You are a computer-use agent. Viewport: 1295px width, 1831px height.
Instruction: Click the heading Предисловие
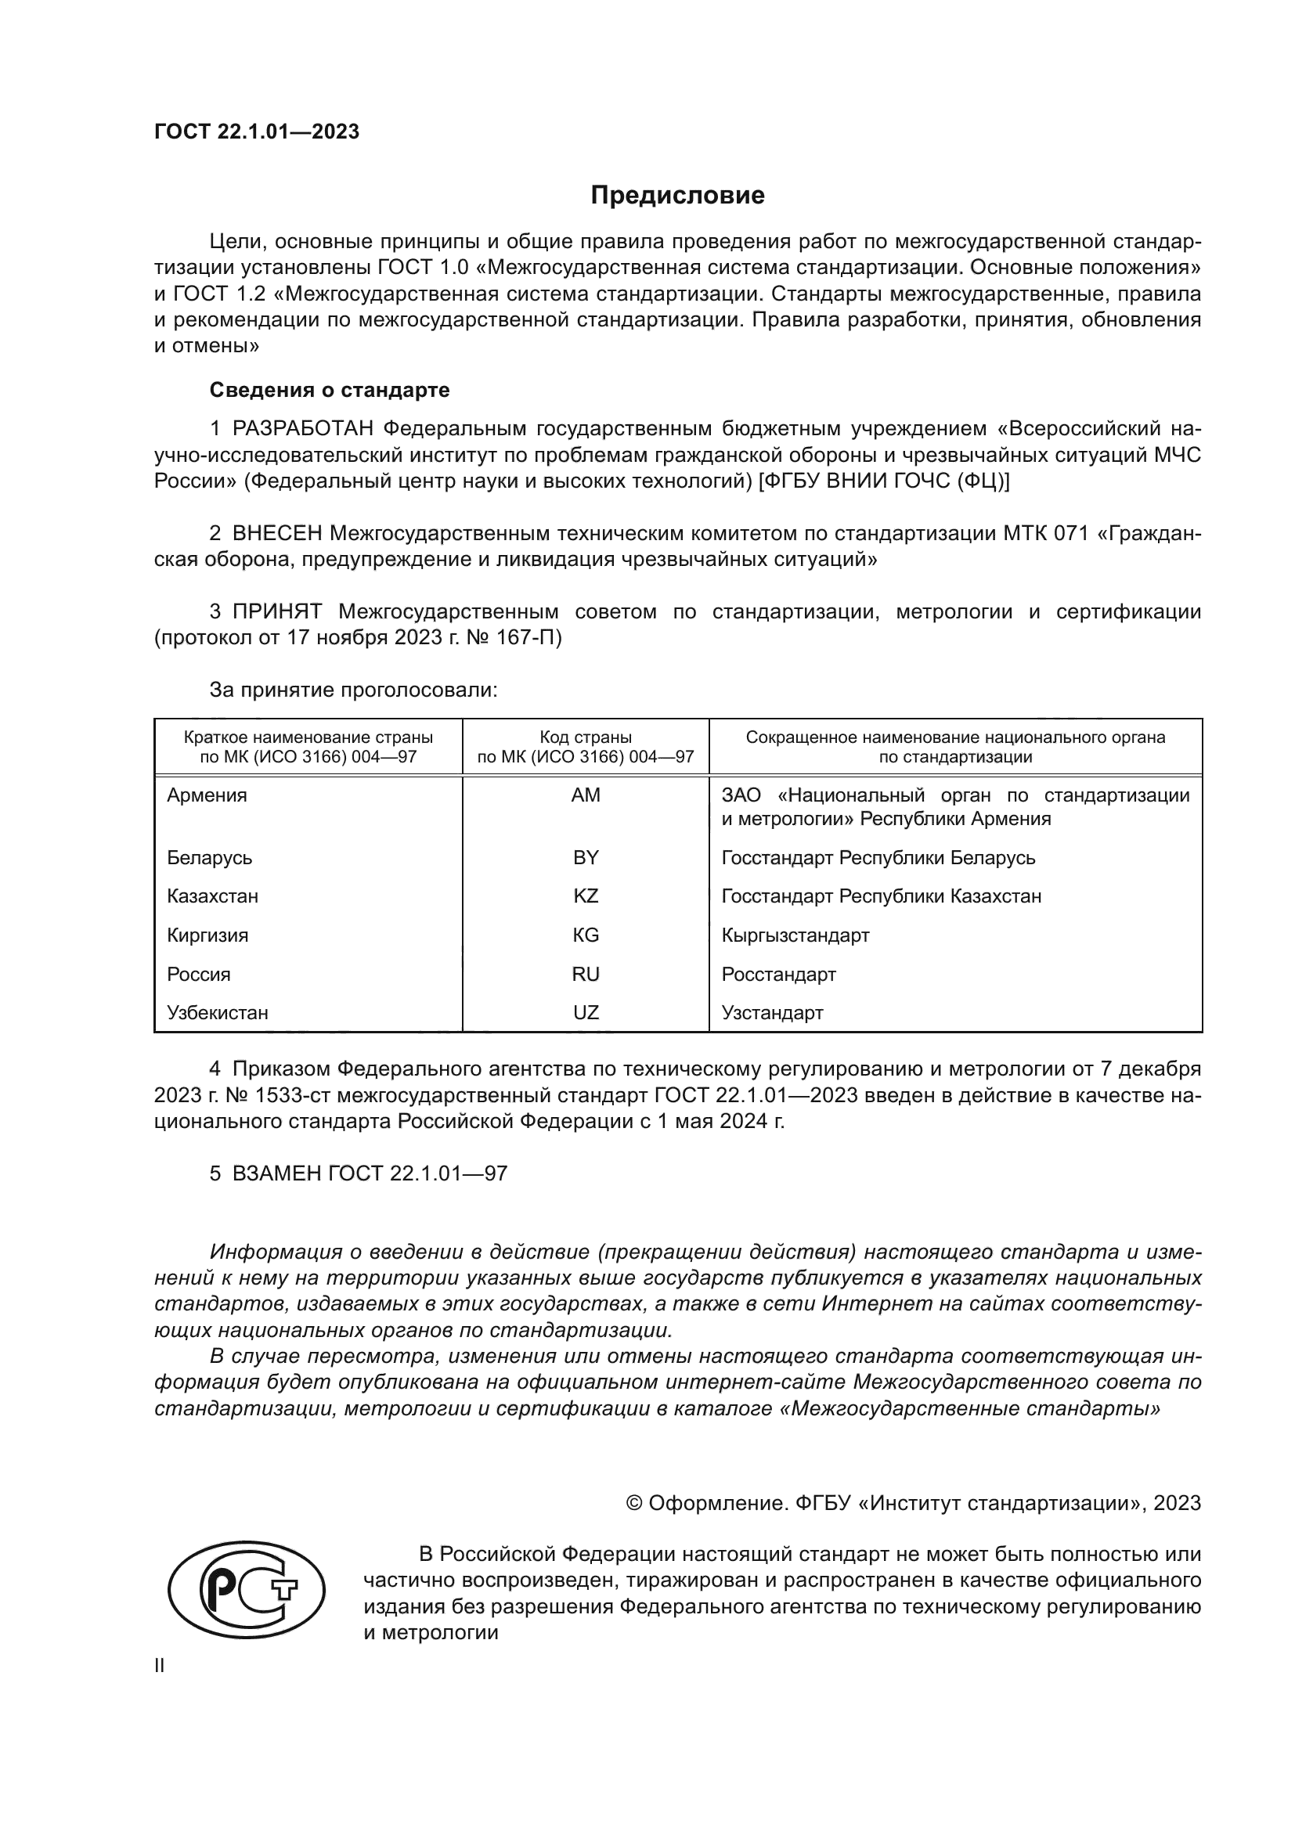[x=677, y=196]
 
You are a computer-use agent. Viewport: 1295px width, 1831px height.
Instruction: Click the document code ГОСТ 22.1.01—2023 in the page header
[x=256, y=132]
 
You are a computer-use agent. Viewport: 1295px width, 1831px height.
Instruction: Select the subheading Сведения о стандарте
[x=330, y=390]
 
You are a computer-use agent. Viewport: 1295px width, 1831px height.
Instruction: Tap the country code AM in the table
[x=586, y=795]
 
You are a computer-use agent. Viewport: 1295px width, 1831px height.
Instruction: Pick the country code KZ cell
[x=586, y=896]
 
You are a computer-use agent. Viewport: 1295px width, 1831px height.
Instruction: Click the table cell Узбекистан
[x=217, y=1013]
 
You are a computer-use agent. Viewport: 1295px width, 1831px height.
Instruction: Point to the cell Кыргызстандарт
[x=795, y=935]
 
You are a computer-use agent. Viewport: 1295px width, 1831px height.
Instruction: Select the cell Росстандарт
[x=778, y=974]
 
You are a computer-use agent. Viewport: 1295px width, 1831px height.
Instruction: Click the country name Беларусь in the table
[x=210, y=857]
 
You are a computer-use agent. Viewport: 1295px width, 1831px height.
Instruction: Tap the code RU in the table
[x=586, y=974]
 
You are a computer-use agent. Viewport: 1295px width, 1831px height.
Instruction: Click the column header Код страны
[x=586, y=737]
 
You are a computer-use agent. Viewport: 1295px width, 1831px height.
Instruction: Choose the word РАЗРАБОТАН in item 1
[x=303, y=429]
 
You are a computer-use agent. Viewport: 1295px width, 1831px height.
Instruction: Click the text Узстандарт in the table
[x=772, y=1013]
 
